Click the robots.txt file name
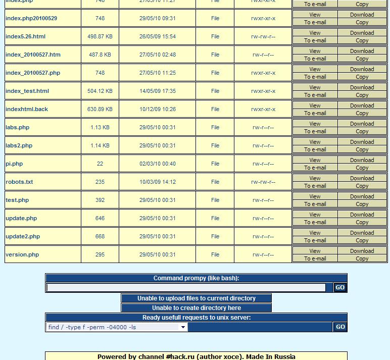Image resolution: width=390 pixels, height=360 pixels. pos(19,182)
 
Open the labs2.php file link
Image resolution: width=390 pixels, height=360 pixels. pos(19,145)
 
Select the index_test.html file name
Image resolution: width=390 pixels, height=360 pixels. pos(27,91)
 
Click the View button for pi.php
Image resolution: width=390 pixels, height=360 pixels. pos(315,160)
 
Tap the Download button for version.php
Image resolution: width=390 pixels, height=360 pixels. pos(362,251)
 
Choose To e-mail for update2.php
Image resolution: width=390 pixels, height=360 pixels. pos(315,240)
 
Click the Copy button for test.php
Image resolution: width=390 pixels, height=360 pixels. pos(362,204)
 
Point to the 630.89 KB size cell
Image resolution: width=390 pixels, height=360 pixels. pos(100,109)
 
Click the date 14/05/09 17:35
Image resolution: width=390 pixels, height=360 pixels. pos(158,91)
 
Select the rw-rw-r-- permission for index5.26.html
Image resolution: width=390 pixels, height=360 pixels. pos(263,36)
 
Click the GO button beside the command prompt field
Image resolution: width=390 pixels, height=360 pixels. pos(340,287)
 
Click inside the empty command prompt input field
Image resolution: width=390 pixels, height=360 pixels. pos(186,287)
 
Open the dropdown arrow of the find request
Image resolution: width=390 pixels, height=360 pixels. pos(183,327)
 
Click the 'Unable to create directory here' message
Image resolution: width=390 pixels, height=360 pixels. pos(197,308)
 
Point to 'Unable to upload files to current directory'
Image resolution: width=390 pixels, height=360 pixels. pos(197,298)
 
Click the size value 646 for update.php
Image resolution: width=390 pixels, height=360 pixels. pos(100,218)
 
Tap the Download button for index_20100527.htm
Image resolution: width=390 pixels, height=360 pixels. pos(362,51)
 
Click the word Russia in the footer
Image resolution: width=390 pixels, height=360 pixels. pos(284,356)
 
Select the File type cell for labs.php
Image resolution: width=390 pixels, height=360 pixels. pos(215,127)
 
